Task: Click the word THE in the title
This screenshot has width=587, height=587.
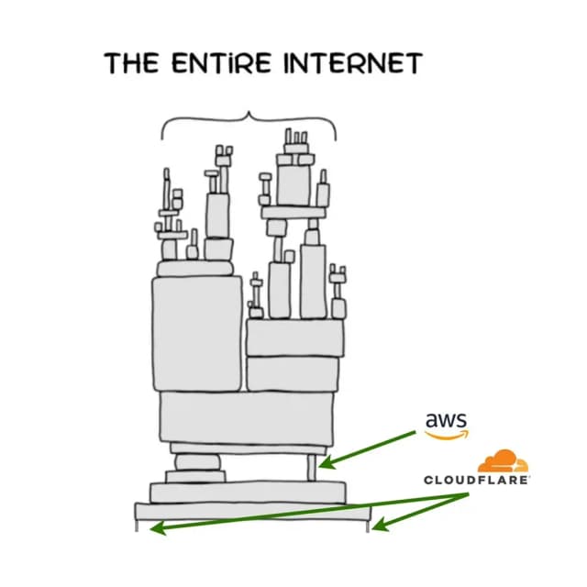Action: (131, 63)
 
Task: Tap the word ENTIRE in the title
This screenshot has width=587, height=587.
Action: (221, 63)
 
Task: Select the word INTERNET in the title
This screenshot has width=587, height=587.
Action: (353, 63)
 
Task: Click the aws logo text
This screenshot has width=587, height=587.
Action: (447, 420)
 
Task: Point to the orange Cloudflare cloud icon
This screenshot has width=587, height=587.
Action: (504, 460)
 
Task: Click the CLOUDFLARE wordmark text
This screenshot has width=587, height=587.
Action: (476, 480)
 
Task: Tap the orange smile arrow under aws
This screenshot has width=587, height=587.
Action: (447, 435)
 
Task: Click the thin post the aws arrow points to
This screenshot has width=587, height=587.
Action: (312, 468)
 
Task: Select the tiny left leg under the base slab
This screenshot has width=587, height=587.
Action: (137, 526)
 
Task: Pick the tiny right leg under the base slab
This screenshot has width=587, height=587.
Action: (368, 526)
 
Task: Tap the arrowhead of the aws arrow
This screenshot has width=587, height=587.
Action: (327, 462)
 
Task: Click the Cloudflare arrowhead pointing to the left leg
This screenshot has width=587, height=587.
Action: (157, 528)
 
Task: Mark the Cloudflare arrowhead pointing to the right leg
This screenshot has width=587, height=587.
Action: (379, 525)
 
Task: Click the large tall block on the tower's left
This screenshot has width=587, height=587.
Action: (197, 334)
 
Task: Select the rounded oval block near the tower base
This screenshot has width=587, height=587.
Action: (198, 462)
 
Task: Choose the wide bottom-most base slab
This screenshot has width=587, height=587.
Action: (253, 512)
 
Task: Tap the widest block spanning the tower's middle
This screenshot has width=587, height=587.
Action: (247, 417)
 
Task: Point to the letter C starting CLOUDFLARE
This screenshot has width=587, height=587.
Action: (428, 481)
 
